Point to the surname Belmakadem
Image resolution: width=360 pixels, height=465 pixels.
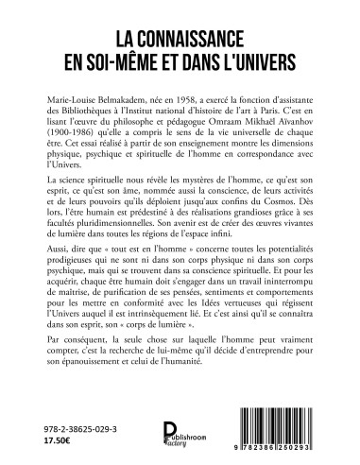tap(141, 85)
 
